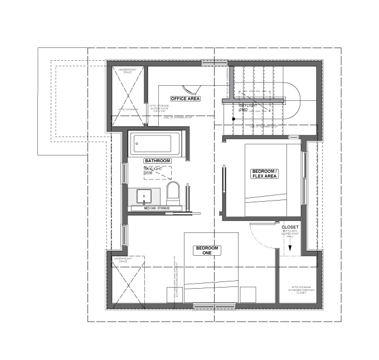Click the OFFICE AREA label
186,99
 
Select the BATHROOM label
157,160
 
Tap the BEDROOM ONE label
207,250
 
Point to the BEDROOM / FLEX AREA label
264,173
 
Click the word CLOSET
290,227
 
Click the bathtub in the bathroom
154,144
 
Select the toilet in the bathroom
173,193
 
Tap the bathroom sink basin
144,196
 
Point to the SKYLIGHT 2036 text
153,171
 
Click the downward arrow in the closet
290,248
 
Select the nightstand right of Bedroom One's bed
248,294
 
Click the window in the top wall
215,64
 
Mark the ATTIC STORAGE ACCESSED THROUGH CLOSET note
300,290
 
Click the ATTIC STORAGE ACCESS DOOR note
159,107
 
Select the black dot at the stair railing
234,119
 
